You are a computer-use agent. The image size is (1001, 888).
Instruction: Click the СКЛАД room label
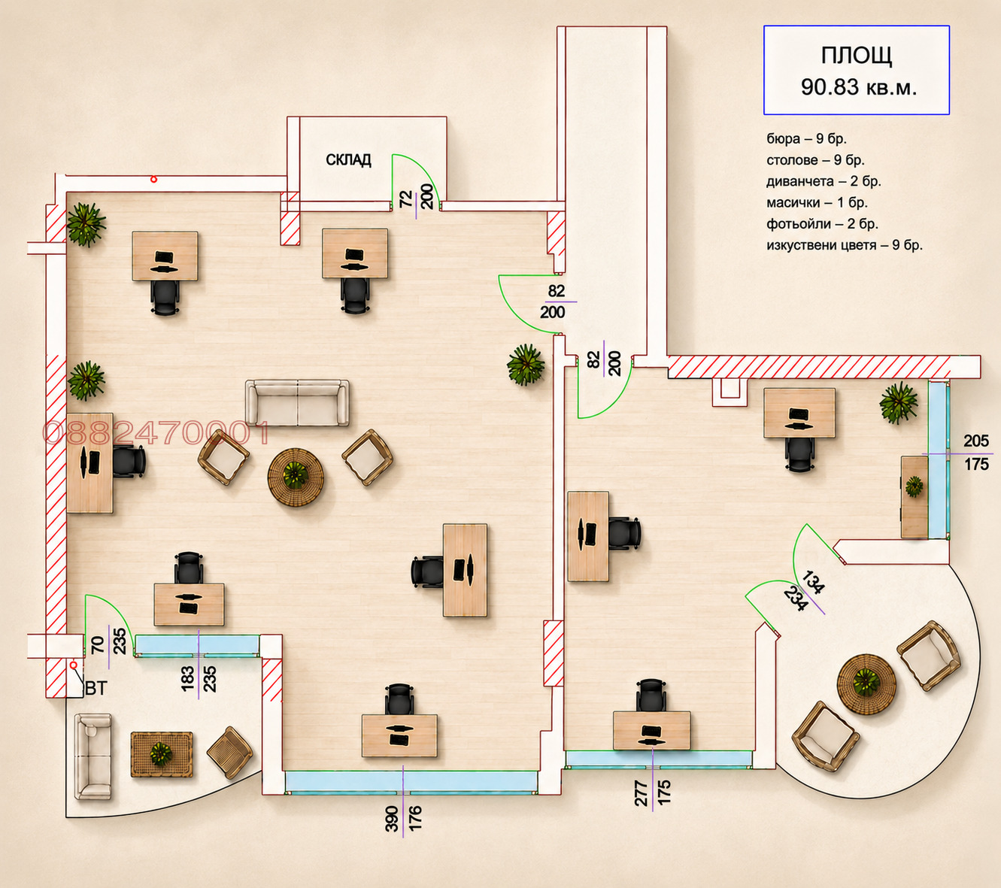348,160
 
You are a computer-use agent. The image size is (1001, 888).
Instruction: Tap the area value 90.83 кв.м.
859,87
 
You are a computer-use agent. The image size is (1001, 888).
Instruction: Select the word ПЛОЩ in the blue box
857,56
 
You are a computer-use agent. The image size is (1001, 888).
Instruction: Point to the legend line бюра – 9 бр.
806,139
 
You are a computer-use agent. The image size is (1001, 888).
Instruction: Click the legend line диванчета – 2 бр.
824,181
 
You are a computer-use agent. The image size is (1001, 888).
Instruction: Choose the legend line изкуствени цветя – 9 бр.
845,245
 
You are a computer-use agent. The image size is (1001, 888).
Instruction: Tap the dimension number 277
641,793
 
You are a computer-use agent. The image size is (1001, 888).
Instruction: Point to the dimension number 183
188,678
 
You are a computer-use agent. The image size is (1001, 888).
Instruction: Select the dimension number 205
976,441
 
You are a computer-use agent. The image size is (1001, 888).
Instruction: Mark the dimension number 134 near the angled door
813,582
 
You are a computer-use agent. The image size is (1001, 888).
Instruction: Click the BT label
96,689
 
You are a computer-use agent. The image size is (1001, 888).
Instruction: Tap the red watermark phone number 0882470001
156,433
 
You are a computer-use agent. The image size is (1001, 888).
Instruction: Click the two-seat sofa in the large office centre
297,402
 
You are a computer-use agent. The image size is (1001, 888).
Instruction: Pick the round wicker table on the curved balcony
866,684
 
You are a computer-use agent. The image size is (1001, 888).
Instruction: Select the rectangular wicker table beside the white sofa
162,754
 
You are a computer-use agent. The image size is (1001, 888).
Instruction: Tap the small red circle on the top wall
153,179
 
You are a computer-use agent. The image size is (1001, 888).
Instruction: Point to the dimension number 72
405,199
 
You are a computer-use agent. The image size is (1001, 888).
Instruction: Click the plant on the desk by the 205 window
914,486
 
